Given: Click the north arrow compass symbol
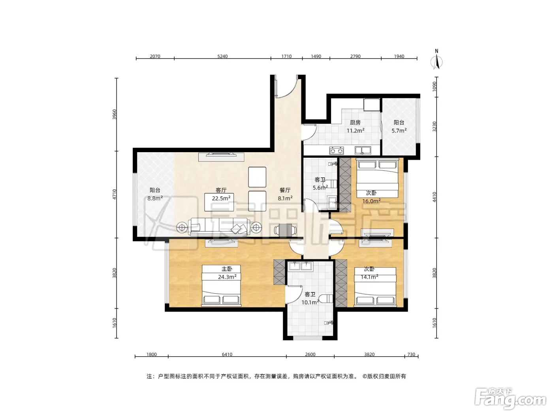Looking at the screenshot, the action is pyautogui.click(x=436, y=62).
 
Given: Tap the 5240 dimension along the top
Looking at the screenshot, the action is pyautogui.click(x=222, y=56).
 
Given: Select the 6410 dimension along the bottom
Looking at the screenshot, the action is pyautogui.click(x=227, y=354).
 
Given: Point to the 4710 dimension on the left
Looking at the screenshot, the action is pyautogui.click(x=115, y=194).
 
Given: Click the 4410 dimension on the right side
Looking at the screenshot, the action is pyautogui.click(x=434, y=197).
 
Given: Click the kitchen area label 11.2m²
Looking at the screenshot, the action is pyautogui.click(x=355, y=130).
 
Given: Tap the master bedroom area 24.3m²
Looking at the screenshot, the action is pyautogui.click(x=227, y=277).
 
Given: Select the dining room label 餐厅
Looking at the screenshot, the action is pyautogui.click(x=285, y=190).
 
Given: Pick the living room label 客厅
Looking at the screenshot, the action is pyautogui.click(x=221, y=190).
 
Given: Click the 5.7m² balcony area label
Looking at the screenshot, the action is pyautogui.click(x=399, y=130).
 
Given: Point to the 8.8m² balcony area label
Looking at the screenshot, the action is pyautogui.click(x=155, y=198).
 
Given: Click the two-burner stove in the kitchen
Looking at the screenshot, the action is pyautogui.click(x=336, y=151).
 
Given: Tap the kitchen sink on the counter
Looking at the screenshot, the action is pyautogui.click(x=363, y=151).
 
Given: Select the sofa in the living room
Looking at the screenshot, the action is pyautogui.click(x=220, y=227).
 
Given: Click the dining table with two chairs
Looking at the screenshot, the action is pyautogui.click(x=285, y=230).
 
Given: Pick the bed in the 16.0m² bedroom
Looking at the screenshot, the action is pyautogui.click(x=377, y=178).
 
